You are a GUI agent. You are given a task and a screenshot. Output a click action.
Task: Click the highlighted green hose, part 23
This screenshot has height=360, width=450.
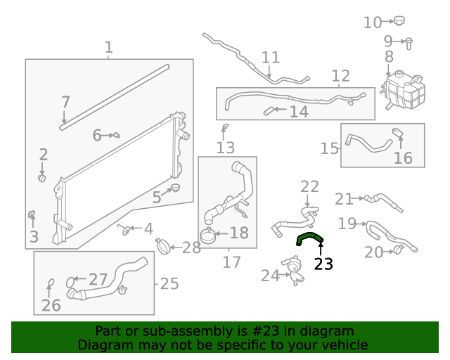[x=309, y=238]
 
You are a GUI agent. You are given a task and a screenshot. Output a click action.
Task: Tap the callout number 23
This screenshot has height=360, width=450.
[x=323, y=264]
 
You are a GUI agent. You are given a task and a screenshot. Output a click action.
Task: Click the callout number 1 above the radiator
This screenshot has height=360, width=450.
[x=109, y=48]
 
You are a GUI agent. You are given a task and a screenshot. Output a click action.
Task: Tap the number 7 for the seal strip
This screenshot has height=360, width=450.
[x=65, y=102]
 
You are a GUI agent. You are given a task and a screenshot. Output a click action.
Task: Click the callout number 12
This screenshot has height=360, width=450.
[x=340, y=76]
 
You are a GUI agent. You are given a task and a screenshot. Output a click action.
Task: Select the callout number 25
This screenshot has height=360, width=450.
[x=169, y=284]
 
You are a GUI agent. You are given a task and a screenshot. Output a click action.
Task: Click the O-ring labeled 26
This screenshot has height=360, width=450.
[x=51, y=285]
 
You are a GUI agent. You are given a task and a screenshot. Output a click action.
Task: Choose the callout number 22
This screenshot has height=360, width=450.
[x=309, y=186]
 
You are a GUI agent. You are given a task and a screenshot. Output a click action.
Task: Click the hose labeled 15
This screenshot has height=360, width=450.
[x=369, y=144]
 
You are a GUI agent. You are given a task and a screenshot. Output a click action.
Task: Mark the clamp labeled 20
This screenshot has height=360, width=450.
[x=399, y=250]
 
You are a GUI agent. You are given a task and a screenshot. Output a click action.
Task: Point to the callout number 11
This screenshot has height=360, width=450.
[x=271, y=58]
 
